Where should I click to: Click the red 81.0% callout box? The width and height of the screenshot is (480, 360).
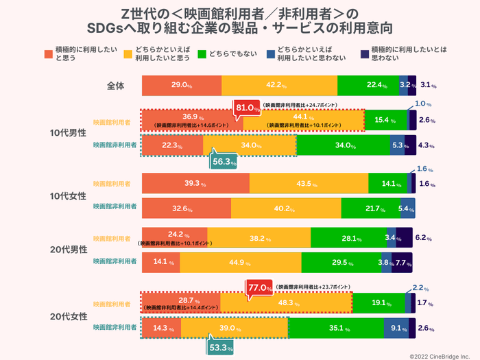click(248, 108)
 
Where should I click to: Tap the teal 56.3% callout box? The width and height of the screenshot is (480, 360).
click(221, 162)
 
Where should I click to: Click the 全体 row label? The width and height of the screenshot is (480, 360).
click(115, 86)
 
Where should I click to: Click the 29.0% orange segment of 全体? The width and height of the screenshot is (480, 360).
click(182, 86)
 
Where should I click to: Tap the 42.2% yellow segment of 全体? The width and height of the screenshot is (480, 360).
click(280, 86)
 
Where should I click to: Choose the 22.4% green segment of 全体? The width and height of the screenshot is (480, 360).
click(368, 86)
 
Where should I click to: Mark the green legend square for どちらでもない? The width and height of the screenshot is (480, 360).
click(202, 53)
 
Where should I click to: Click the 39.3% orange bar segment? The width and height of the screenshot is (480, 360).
click(195, 184)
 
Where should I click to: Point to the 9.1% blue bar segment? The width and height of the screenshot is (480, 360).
click(396, 328)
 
